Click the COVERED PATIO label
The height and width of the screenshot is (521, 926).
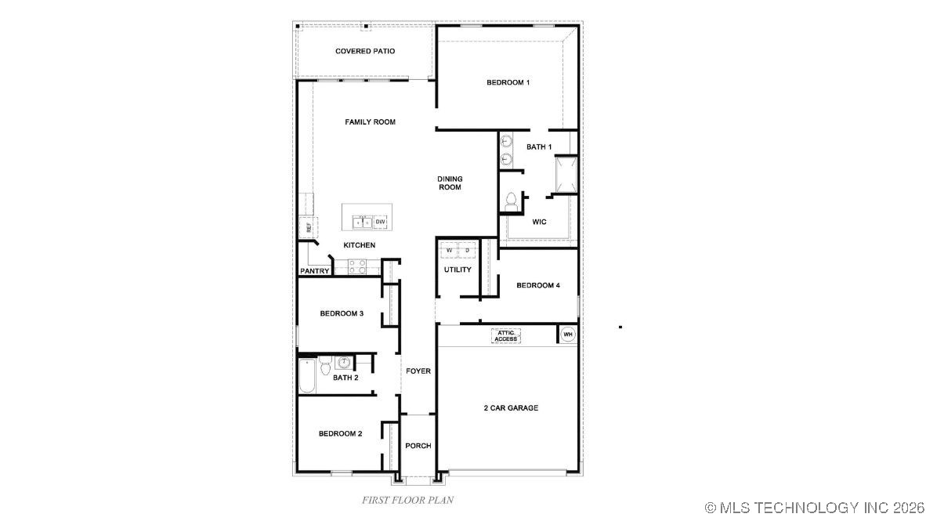pos(364,51)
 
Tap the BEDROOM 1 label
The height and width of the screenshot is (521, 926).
pos(508,82)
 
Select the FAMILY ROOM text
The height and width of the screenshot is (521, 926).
pos(370,122)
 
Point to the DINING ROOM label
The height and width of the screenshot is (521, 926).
pos(449,183)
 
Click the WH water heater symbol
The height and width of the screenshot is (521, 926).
pos(568,335)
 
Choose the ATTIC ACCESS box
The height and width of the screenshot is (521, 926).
pos(506,335)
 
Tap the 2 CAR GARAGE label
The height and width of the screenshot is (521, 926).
pos(511,408)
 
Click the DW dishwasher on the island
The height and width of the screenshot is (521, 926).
pos(380,223)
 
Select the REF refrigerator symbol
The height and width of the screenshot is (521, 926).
pos(308,227)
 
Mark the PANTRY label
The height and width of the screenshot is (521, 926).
pos(314,271)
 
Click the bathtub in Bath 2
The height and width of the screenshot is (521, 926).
pos(306,378)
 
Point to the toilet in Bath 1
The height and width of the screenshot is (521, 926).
pos(510,201)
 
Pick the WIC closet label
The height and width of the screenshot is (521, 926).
pos(539,222)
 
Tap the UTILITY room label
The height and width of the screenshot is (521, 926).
pos(458,270)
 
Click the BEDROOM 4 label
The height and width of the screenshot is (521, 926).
pos(537,285)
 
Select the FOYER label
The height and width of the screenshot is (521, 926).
pos(418,371)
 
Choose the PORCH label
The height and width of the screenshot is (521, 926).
pos(418,446)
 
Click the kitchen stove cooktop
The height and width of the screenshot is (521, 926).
pos(356,267)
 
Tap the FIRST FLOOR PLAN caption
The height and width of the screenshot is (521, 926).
pos(407,499)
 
